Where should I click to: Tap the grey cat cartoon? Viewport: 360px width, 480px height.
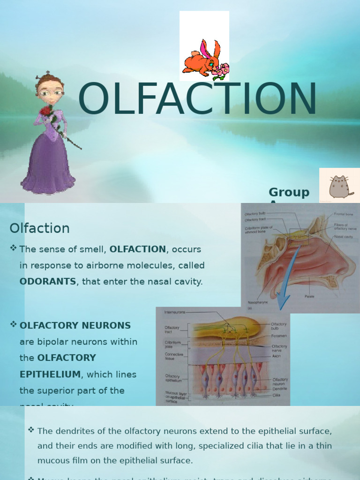tap(339, 187)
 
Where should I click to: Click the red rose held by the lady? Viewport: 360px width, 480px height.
tap(45, 111)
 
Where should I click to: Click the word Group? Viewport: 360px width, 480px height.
tap(289, 192)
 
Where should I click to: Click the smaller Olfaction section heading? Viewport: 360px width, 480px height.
tap(39, 228)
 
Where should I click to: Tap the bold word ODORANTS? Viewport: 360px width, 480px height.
tap(48, 282)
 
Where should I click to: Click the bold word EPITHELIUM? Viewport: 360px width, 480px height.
tap(50, 375)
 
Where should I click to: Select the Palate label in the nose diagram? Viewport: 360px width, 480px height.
tap(309, 296)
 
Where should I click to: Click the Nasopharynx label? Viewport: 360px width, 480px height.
tap(258, 302)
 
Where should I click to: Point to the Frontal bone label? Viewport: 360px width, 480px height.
tap(343, 214)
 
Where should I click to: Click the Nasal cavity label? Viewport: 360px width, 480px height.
tap(344, 237)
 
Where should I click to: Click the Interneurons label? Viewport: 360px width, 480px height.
tap(175, 312)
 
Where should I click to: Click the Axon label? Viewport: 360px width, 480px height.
tap(276, 356)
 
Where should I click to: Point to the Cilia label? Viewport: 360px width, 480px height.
tap(277, 395)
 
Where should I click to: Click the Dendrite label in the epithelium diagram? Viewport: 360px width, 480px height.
tap(279, 389)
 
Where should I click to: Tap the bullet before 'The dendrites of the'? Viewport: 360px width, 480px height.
tap(31, 429)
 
